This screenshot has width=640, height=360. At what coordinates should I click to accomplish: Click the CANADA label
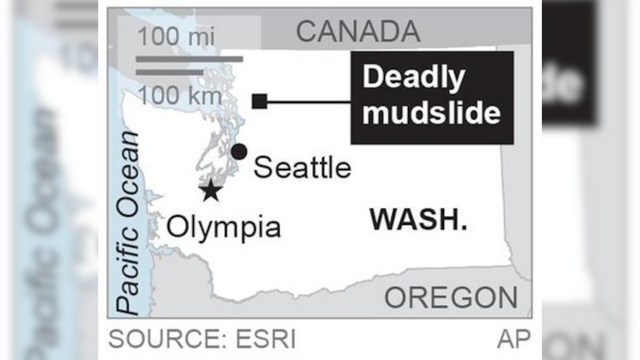(358, 32)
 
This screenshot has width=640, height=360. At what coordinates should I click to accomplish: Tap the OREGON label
(451, 298)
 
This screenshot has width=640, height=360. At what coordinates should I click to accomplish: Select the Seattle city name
(302, 168)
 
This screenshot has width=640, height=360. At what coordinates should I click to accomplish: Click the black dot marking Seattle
(239, 152)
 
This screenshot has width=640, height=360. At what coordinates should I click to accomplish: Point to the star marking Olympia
(211, 190)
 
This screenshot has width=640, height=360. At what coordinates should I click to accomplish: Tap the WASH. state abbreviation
(419, 219)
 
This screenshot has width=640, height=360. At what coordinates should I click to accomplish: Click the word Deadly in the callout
(413, 78)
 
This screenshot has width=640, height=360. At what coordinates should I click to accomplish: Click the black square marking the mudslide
(260, 101)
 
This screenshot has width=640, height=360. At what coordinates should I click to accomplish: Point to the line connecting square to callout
(308, 101)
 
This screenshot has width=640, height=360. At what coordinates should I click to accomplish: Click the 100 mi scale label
(176, 37)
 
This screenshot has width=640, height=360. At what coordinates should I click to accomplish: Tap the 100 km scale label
(179, 97)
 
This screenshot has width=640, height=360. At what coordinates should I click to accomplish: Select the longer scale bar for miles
(189, 59)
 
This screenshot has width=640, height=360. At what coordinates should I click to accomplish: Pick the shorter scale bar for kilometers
(170, 71)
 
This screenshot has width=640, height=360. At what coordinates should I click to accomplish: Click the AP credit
(514, 340)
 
